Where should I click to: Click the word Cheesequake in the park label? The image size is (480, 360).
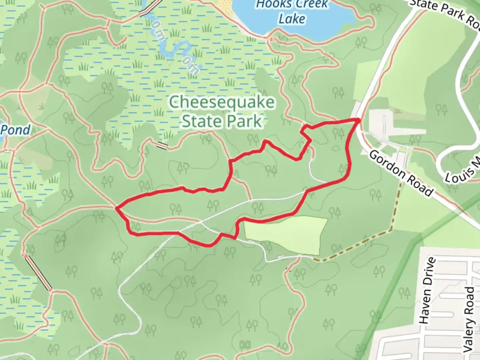(222, 102)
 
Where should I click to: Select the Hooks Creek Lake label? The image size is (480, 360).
(292, 12)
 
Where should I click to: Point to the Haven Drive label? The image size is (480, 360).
(427, 290)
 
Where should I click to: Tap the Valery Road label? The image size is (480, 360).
(469, 319)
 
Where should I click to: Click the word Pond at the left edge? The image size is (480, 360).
(15, 130)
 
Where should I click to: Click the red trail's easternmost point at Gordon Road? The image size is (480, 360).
(358, 120)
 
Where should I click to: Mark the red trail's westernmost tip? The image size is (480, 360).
(116, 208)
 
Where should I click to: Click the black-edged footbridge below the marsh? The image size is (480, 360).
(162, 145)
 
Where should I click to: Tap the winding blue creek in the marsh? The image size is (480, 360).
(173, 50)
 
